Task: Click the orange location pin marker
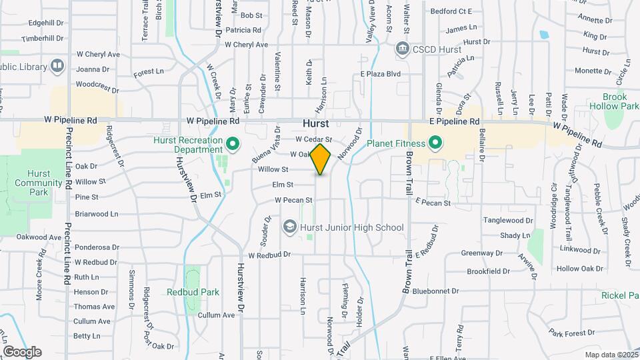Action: [321, 159]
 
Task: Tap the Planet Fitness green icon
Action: [435, 143]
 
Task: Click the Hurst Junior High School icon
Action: [290, 227]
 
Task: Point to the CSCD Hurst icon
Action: [402, 48]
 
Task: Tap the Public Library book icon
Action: [57, 66]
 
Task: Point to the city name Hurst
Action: [315, 124]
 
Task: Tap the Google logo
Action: [22, 351]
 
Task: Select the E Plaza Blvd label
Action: [380, 74]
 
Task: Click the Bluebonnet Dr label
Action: [435, 291]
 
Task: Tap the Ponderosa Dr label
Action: [97, 247]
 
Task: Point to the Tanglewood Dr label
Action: [508, 220]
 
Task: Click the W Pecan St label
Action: [293, 200]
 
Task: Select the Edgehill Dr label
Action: [46, 22]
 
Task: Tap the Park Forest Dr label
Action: [571, 333]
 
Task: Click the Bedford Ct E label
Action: [451, 11]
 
